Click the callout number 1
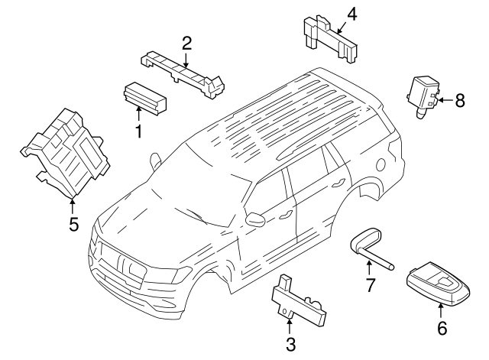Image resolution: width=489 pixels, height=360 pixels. coord(138,131)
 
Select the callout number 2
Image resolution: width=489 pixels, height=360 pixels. coord(186,44)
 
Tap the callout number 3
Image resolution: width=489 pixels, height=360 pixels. coord(290,345)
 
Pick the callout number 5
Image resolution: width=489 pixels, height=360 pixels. coord(73,224)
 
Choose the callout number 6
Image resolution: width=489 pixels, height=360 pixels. coord(442,328)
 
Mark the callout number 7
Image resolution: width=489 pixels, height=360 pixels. coord(370,285)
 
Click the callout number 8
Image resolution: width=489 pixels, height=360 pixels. coord(460,100)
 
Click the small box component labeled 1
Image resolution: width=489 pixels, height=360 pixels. coord(145,97)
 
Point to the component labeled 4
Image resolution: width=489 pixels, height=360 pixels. coord(330,39)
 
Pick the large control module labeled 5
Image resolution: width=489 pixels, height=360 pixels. coord(66,154)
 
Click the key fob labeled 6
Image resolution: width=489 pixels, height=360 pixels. coord(438,284)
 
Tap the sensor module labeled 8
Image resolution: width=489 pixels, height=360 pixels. coord(424,95)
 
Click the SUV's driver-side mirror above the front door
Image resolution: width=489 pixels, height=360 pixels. coord(254,219)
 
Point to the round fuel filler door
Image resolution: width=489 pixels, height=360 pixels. coord(381,164)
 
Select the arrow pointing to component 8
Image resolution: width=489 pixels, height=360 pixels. coord(446,100)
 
